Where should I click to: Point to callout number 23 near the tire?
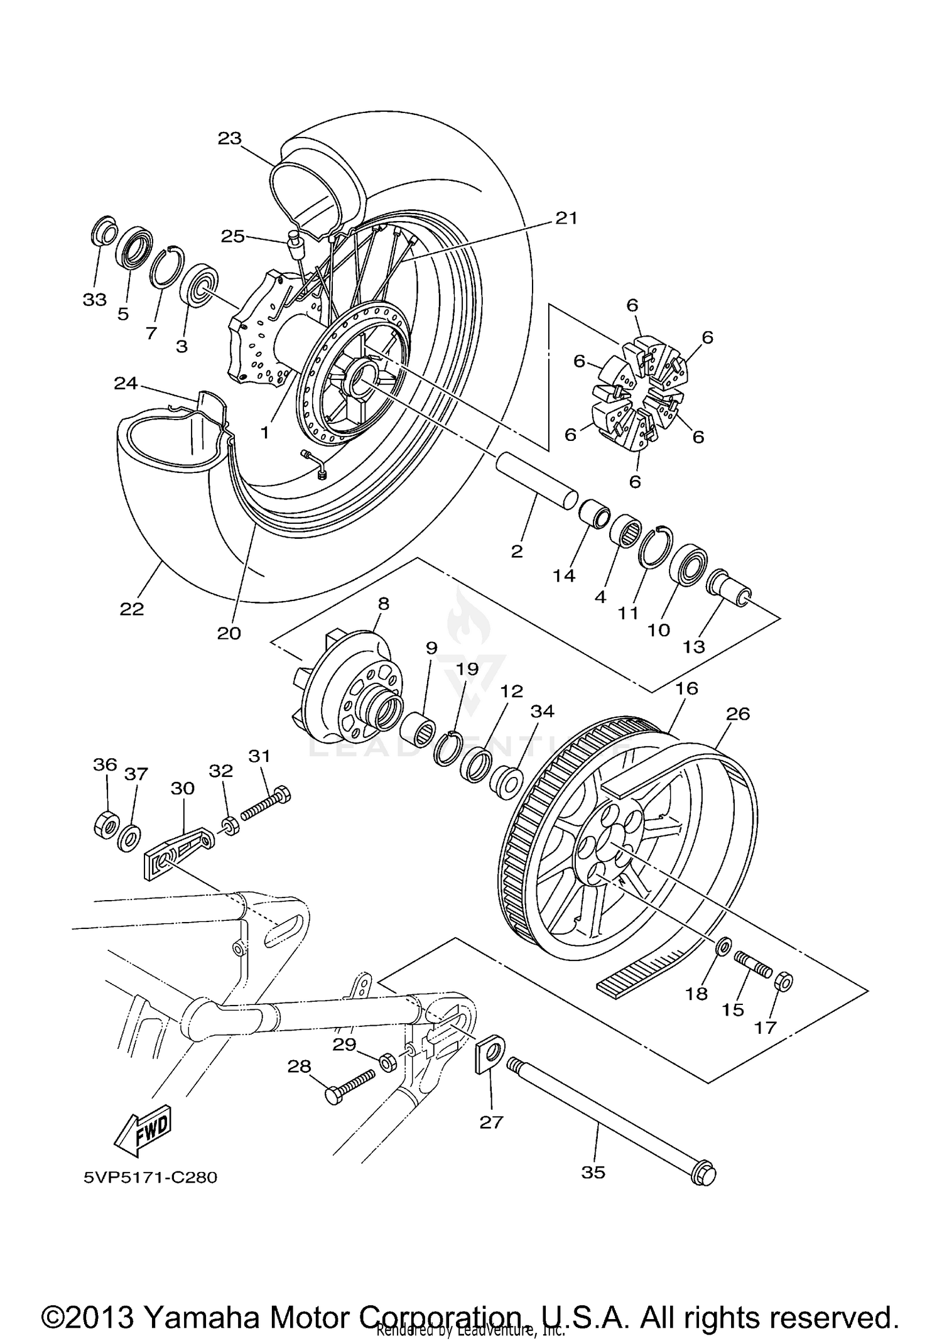[x=230, y=138]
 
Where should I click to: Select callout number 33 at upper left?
[x=95, y=300]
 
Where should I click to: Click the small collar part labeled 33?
[x=103, y=232]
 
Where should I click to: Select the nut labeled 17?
[x=784, y=980]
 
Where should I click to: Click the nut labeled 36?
[x=104, y=823]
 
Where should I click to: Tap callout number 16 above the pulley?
[x=686, y=688]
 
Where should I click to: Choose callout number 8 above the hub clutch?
[x=383, y=604]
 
